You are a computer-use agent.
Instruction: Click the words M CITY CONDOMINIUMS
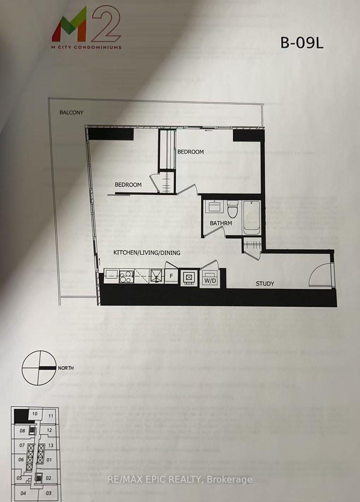[87, 47]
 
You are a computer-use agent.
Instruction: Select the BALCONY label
[71, 112]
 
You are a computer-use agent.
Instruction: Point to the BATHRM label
[221, 223]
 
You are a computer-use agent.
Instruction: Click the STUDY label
[265, 284]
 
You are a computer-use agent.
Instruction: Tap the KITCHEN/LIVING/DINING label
[147, 252]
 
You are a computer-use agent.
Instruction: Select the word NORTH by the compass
[65, 368]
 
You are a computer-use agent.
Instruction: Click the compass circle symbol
[39, 368]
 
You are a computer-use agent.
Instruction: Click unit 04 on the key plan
[23, 493]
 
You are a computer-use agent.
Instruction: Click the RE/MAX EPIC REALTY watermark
[180, 479]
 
